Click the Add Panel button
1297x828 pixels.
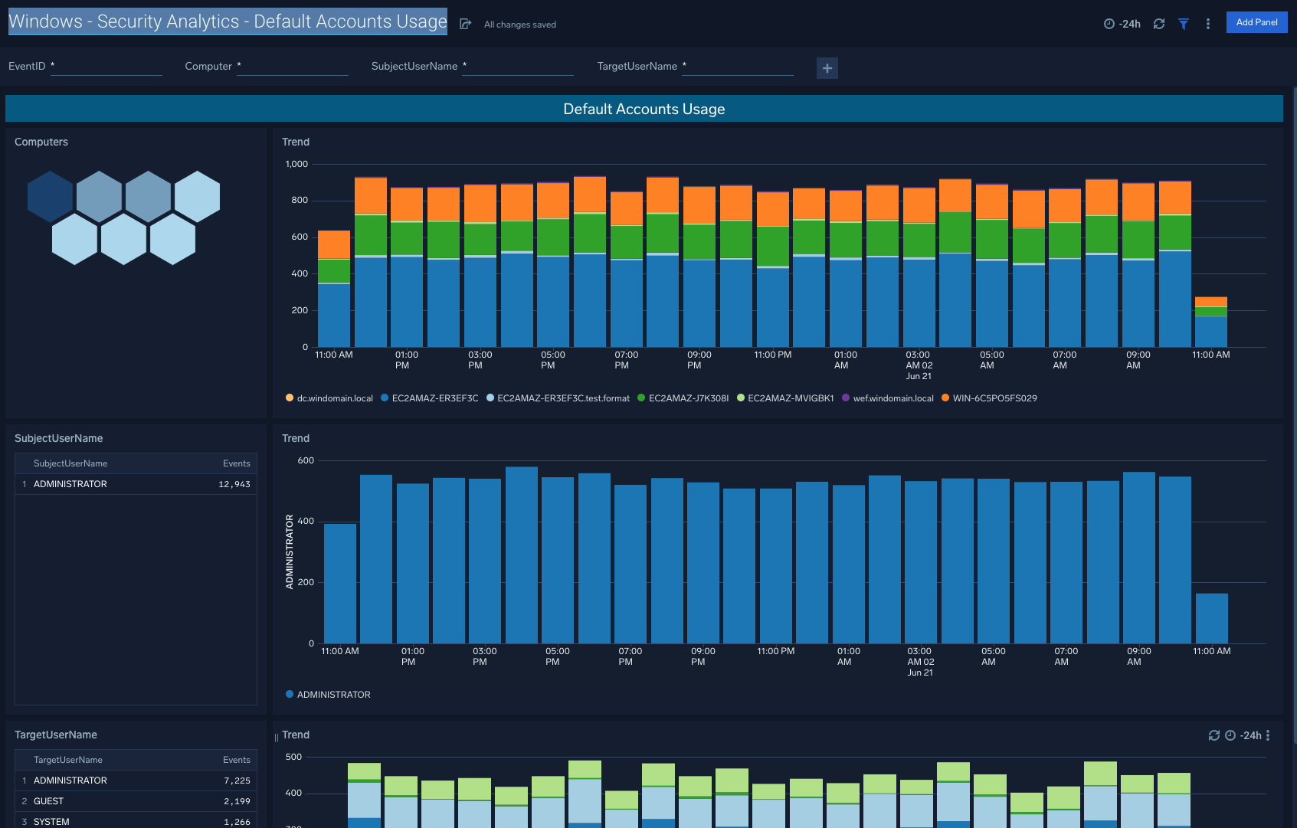[1256, 22]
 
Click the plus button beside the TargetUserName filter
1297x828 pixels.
[827, 68]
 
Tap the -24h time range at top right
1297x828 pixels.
[1122, 24]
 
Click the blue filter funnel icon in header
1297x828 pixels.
[1183, 24]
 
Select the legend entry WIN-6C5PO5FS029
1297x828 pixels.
[994, 398]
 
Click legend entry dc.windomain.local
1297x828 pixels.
[334, 398]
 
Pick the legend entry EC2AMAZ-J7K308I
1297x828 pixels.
[688, 398]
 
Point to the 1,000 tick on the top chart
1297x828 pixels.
[296, 164]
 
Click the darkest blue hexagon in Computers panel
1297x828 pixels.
[50, 197]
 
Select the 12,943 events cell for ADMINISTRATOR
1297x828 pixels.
[234, 484]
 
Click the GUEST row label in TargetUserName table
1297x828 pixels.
[48, 801]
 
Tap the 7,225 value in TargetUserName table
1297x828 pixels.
[237, 781]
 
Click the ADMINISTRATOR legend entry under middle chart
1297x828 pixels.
[332, 695]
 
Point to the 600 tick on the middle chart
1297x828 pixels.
[305, 460]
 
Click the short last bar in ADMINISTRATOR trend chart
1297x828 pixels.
[1211, 618]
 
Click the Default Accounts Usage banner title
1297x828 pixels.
[644, 109]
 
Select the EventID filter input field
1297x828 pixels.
[107, 67]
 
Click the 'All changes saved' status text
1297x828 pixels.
[519, 25]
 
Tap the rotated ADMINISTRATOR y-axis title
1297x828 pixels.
[290, 551]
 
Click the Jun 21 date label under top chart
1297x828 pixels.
[919, 376]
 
